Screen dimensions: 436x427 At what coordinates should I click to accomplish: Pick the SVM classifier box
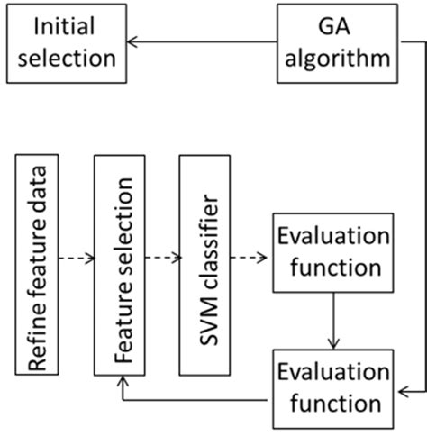[x=204, y=265]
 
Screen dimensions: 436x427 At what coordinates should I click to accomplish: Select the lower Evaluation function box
[x=332, y=386]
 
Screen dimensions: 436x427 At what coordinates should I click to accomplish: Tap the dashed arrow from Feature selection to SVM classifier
[x=162, y=258]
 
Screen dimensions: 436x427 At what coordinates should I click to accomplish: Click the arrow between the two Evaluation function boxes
[x=332, y=324]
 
